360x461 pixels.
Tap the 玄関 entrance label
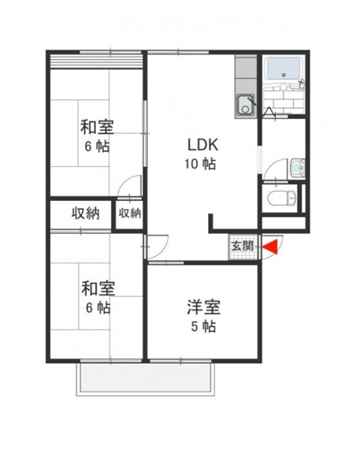point(242,246)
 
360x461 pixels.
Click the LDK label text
point(202,145)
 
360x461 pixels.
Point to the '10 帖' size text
point(200,164)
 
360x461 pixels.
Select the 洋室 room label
point(204,307)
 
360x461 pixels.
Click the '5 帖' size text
point(203,326)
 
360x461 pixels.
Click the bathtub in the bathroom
point(284,69)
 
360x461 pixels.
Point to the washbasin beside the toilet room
point(298,168)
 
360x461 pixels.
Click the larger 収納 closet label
point(86,214)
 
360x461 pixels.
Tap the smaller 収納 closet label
point(130,213)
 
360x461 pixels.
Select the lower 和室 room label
point(98,288)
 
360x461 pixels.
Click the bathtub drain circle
point(284,75)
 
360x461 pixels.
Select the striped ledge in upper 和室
point(96,61)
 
